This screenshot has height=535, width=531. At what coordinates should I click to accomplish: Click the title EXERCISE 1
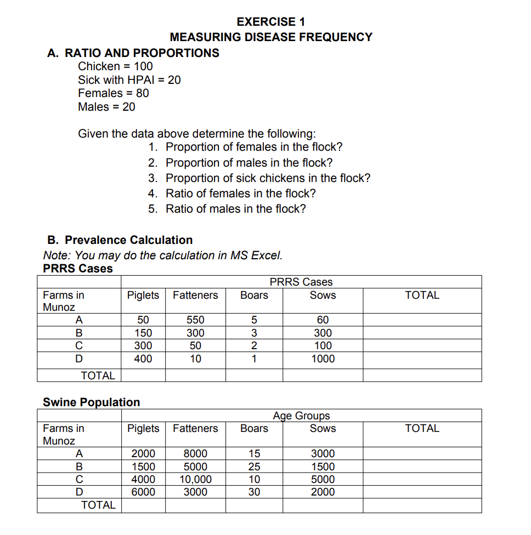tap(271, 22)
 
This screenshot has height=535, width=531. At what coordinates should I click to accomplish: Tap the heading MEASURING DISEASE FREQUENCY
tap(271, 37)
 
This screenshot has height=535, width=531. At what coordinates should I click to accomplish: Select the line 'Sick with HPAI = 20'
tap(129, 79)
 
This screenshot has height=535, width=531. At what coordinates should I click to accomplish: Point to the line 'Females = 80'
tap(113, 93)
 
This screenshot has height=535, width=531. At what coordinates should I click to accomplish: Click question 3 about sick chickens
tap(268, 178)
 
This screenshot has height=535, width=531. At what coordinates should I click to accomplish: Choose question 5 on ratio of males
tap(235, 209)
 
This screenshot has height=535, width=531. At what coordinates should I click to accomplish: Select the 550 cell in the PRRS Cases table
tap(195, 320)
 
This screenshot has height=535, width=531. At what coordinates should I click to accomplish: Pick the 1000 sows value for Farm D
tap(323, 359)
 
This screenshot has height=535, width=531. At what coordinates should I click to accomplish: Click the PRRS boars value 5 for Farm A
tap(254, 320)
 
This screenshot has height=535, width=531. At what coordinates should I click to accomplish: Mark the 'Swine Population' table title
tap(91, 402)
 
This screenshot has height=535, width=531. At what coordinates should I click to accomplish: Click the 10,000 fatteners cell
tap(195, 479)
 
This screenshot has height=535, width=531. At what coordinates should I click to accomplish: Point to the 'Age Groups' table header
tap(301, 416)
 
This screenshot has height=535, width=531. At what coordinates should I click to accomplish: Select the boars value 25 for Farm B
tap(254, 466)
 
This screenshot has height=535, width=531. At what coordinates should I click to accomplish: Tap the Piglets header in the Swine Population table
tap(143, 429)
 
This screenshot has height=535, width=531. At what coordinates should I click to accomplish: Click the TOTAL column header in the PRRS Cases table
tap(422, 295)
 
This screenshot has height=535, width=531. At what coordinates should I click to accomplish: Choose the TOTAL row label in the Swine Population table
tap(98, 505)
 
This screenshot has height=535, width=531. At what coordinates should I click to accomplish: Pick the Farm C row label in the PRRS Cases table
tap(79, 346)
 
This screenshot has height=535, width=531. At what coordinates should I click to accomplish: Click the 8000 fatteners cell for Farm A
tap(195, 454)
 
